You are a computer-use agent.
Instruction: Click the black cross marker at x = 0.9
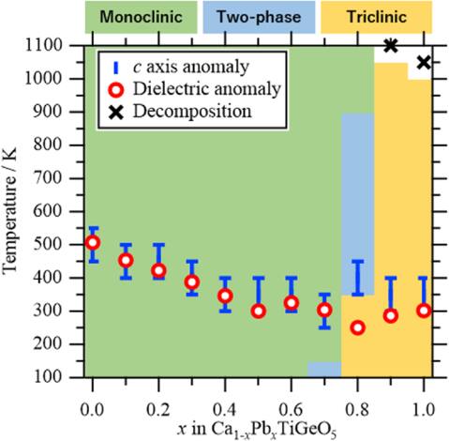click(x=391, y=45)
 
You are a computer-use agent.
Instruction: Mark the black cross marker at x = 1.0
click(x=424, y=62)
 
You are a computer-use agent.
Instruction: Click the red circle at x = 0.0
click(x=92, y=243)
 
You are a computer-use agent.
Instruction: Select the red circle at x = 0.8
click(x=357, y=327)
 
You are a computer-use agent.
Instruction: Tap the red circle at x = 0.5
click(x=258, y=311)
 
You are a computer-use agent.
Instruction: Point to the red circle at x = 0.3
click(x=191, y=281)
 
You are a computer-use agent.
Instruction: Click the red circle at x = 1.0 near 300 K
click(x=424, y=311)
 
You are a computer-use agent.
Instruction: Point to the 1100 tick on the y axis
click(x=62, y=45)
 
